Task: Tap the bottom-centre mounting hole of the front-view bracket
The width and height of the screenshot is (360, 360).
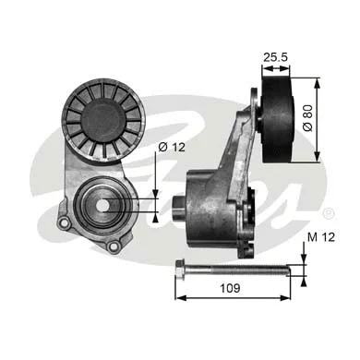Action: (114, 246)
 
